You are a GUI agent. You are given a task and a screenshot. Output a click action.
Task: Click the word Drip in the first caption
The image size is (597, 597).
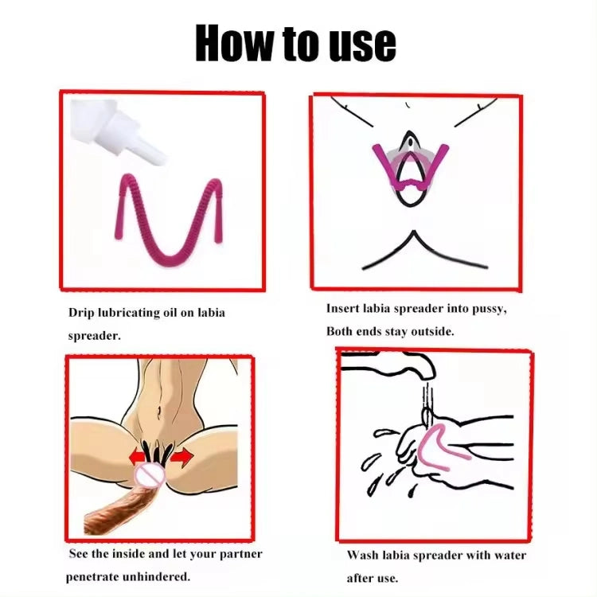pos(81,314)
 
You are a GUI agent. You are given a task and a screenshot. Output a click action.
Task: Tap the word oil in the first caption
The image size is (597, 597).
pos(170,313)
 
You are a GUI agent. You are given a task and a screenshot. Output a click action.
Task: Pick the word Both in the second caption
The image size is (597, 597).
pos(339,331)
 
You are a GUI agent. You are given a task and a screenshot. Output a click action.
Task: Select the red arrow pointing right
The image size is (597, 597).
pos(182,456)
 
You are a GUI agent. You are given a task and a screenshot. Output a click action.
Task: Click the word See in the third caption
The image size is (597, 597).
pos(79,553)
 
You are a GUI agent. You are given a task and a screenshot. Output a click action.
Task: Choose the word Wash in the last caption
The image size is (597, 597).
pos(362,555)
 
